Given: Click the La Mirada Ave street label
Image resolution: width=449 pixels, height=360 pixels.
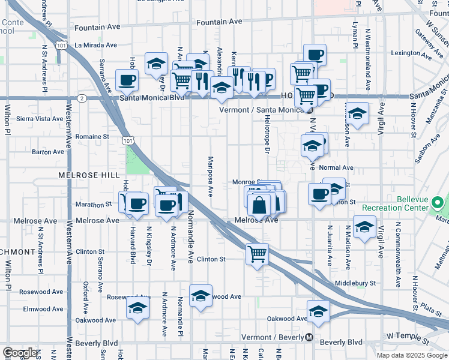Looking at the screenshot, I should (x=96, y=45).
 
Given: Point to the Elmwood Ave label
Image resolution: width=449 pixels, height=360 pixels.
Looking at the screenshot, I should (x=43, y=309).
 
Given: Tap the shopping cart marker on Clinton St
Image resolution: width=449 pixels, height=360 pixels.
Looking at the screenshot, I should (x=257, y=254).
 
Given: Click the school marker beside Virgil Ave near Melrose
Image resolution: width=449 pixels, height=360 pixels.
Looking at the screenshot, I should (x=364, y=227).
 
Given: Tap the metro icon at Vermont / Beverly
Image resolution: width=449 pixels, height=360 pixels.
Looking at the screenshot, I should (x=309, y=337).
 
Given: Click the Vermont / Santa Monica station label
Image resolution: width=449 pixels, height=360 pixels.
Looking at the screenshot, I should (x=267, y=110).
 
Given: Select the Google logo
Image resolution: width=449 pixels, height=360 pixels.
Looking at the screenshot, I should (x=20, y=353).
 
